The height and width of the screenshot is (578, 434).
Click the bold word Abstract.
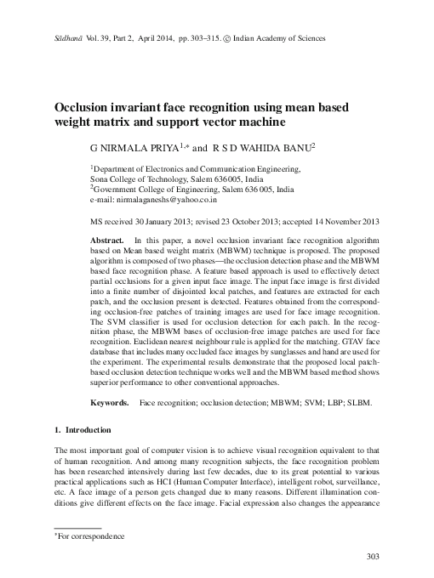[x=108, y=241]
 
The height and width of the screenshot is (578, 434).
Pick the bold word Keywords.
[x=111, y=400]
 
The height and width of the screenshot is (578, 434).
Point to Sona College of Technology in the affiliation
[x=140, y=180]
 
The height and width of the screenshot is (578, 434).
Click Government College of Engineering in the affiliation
[x=153, y=191]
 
